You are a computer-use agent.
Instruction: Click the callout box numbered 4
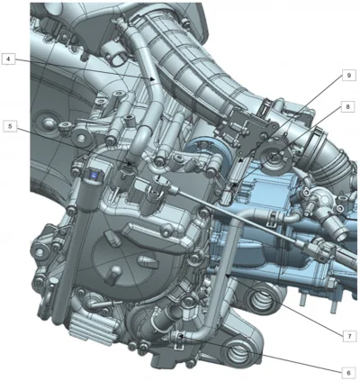click(x=8, y=59)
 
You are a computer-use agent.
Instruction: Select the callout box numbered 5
click(x=10, y=126)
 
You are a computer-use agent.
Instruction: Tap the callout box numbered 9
click(x=348, y=76)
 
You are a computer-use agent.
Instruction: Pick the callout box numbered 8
click(x=347, y=106)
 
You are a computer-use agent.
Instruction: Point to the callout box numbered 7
click(x=349, y=337)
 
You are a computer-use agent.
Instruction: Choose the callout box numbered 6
click(x=348, y=373)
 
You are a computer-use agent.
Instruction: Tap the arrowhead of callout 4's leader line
click(x=153, y=79)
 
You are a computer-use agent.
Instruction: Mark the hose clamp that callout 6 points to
click(x=180, y=339)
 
